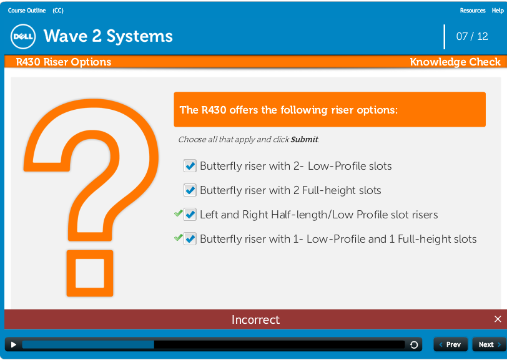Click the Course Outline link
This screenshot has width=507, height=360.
pos(27,11)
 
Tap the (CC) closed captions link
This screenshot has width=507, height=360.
pos(58,11)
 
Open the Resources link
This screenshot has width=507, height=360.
pos(473,11)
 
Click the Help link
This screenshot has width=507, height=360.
pos(498,11)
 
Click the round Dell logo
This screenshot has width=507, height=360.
pos(23,37)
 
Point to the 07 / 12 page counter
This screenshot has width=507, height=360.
pos(472,36)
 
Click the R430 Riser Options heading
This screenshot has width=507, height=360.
pos(64,62)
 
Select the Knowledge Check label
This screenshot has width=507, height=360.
pos(455,62)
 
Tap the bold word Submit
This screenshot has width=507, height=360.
pos(304,139)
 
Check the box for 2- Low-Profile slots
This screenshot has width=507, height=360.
pos(190,166)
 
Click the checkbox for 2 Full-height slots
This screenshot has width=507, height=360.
pos(190,190)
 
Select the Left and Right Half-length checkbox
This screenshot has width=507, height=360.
pos(190,215)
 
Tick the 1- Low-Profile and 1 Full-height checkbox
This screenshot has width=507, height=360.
pos(190,239)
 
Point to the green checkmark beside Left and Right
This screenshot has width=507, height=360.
pos(178,213)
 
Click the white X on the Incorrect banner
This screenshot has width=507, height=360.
pos(498,319)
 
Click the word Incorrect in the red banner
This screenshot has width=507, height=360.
pos(255,319)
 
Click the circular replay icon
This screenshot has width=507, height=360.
pos(414,345)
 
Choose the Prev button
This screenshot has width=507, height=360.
pos(450,344)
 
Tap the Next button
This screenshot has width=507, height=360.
pos(490,344)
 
